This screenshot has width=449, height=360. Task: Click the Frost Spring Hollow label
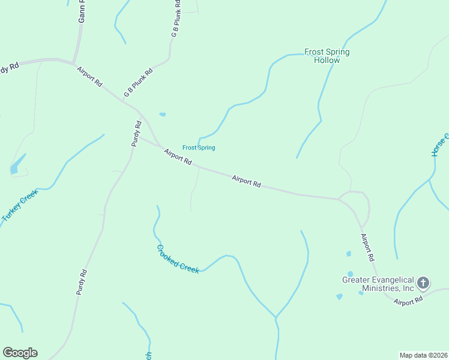[x=327, y=56]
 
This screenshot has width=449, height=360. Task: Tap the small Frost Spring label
[x=199, y=148]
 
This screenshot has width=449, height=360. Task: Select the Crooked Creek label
[x=178, y=259]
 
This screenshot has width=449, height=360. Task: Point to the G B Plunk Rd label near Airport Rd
[x=139, y=83]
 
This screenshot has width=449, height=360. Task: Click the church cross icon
[x=423, y=283]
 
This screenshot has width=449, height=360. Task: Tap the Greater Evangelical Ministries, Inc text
[x=378, y=284]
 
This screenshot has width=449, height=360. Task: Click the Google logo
[x=20, y=353]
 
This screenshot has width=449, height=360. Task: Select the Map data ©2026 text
[x=423, y=355]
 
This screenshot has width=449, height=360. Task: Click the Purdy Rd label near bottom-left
[x=82, y=281]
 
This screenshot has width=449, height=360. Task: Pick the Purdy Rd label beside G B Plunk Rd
[x=137, y=134]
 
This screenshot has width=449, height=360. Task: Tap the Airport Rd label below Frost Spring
[x=178, y=157]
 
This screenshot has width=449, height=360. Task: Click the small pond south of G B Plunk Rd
[x=162, y=114]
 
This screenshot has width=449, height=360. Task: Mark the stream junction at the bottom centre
[x=276, y=317]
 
